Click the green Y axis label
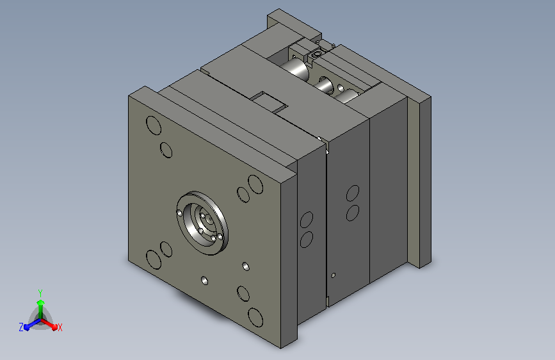40,293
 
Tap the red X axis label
60,327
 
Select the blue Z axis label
21,327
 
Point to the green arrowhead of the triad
41,302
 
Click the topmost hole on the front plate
154,126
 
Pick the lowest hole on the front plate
255,318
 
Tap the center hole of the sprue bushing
210,220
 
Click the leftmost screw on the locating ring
179,213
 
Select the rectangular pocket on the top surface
269,102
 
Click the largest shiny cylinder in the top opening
296,68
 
